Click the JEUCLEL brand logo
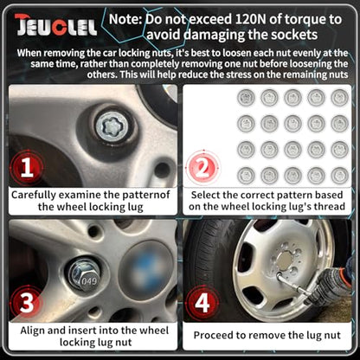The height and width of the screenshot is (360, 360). click(56, 25)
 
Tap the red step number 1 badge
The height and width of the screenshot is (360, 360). click(27, 168)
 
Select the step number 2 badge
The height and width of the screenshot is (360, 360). click(202, 168)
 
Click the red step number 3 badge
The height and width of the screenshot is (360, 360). click(27, 303)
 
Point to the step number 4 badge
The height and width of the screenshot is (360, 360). click(202, 303)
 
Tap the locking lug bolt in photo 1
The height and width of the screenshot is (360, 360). click(112, 126)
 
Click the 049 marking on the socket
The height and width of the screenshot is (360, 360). click(89, 280)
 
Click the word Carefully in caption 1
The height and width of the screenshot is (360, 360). click(32, 196)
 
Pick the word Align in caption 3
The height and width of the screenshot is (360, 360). click(32, 331)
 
